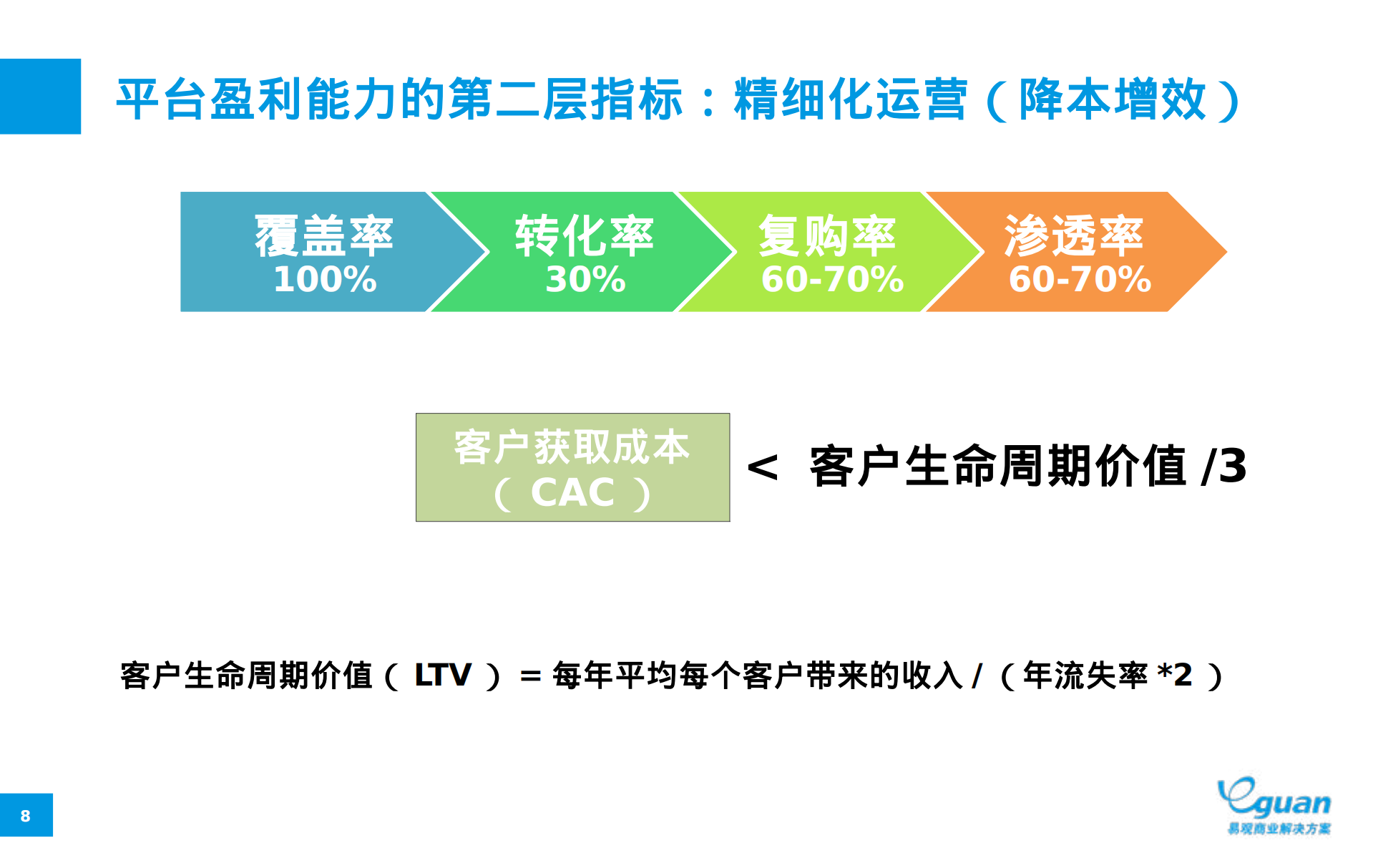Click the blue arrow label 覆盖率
[x=324, y=235]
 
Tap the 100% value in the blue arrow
[x=325, y=279]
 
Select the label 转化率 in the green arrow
[x=584, y=235]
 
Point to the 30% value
[x=585, y=279]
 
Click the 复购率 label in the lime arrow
[x=827, y=235]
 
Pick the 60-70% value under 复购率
[x=832, y=279]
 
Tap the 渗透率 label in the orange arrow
[x=1073, y=235]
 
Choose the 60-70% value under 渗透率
[x=1080, y=279]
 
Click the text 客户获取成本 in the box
[x=572, y=447]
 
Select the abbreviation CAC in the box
[x=572, y=493]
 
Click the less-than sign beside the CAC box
[x=763, y=468]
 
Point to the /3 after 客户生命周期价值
[x=1225, y=467]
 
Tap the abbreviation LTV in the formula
[x=443, y=675]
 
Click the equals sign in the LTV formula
[x=530, y=676]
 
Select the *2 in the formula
[x=1175, y=674]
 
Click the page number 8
[x=26, y=816]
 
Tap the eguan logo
[x=1274, y=805]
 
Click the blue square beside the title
[x=40, y=97]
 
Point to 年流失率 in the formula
[x=1085, y=675]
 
